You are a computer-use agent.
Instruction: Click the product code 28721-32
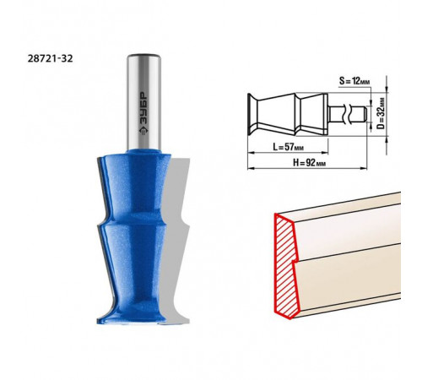[x=50, y=58]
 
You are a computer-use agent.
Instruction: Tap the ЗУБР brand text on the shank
[x=144, y=108]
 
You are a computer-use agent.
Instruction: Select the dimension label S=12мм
[x=354, y=81]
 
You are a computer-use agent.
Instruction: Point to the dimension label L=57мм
[x=289, y=147]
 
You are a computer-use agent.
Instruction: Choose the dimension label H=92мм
[x=310, y=162]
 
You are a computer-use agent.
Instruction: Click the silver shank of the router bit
[x=143, y=101]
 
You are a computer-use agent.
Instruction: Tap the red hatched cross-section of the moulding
[x=285, y=266]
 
